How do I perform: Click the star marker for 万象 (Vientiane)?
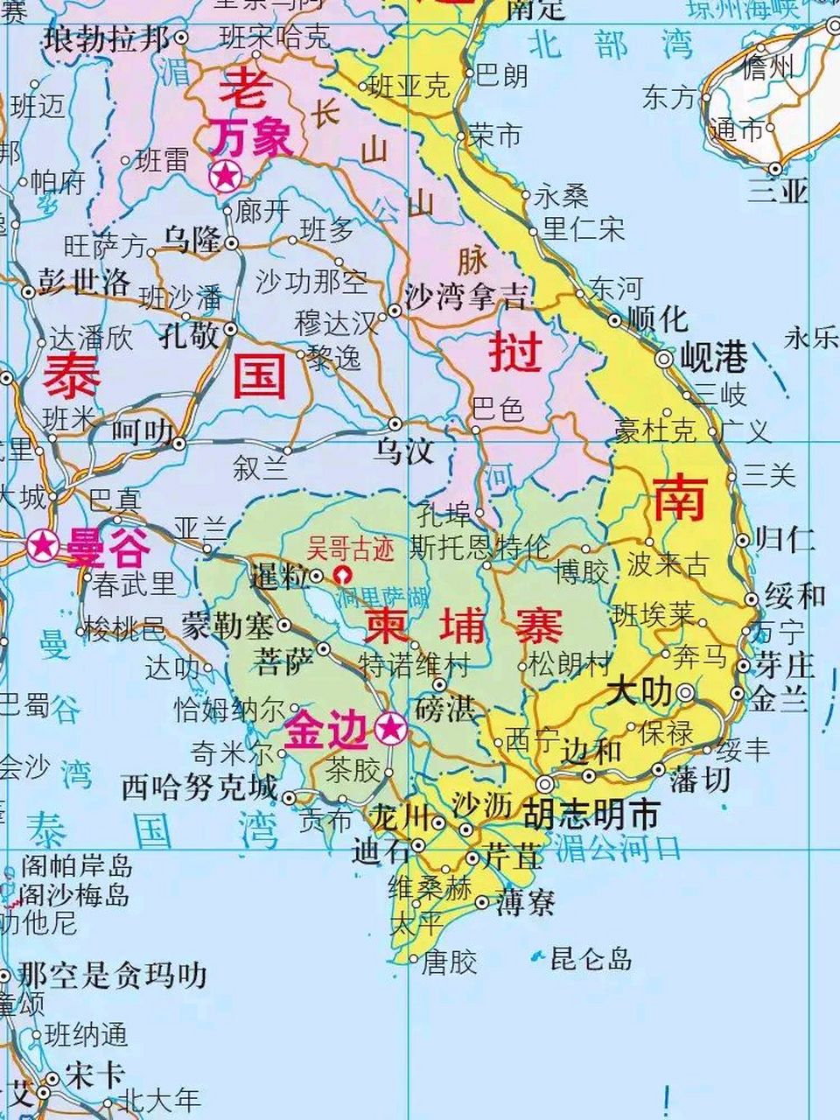click(226, 178)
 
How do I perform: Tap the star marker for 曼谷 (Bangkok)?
click(41, 547)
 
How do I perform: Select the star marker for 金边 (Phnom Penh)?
click(391, 726)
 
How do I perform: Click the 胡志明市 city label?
click(591, 815)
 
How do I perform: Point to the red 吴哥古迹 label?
click(350, 550)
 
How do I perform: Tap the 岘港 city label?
click(714, 357)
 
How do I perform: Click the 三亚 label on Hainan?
click(778, 191)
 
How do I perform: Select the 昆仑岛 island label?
click(591, 959)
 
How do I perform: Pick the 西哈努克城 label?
click(199, 787)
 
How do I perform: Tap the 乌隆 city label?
click(191, 239)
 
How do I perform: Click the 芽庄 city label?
click(785, 665)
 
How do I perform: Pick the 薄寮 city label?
click(525, 902)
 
